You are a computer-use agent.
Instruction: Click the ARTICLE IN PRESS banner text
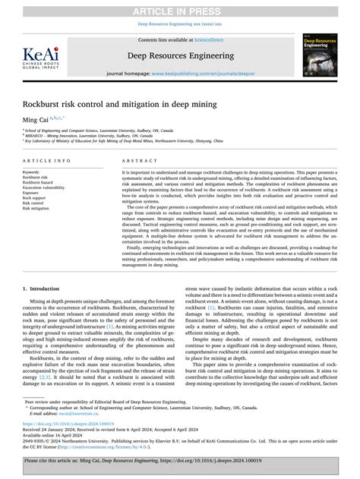180,8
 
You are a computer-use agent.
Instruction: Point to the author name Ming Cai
33,120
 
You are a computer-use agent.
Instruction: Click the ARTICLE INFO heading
48,161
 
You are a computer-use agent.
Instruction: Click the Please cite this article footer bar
180,460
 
